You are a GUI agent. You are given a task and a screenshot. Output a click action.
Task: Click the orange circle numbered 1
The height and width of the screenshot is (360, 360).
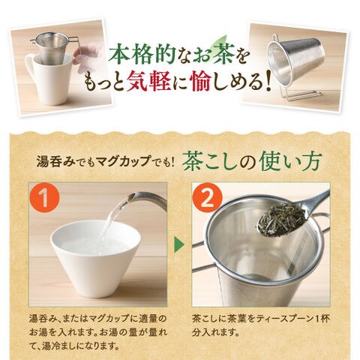(45, 198)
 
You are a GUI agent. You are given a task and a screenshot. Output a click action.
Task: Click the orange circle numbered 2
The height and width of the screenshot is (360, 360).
(208, 198)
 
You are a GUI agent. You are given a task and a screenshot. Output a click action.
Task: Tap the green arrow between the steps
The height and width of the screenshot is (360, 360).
(179, 244)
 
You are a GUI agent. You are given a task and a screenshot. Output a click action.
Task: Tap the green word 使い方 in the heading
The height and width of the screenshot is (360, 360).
(289, 162)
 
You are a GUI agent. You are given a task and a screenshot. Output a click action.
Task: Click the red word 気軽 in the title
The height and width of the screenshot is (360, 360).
(148, 82)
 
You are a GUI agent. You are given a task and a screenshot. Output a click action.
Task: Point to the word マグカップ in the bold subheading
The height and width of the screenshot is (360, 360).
(124, 160)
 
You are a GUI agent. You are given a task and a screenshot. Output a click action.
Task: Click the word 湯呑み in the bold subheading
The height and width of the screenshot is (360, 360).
(55, 160)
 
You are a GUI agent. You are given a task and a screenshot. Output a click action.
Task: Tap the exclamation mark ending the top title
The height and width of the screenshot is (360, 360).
(268, 82)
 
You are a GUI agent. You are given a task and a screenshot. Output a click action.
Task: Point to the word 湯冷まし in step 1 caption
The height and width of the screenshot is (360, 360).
(59, 346)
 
